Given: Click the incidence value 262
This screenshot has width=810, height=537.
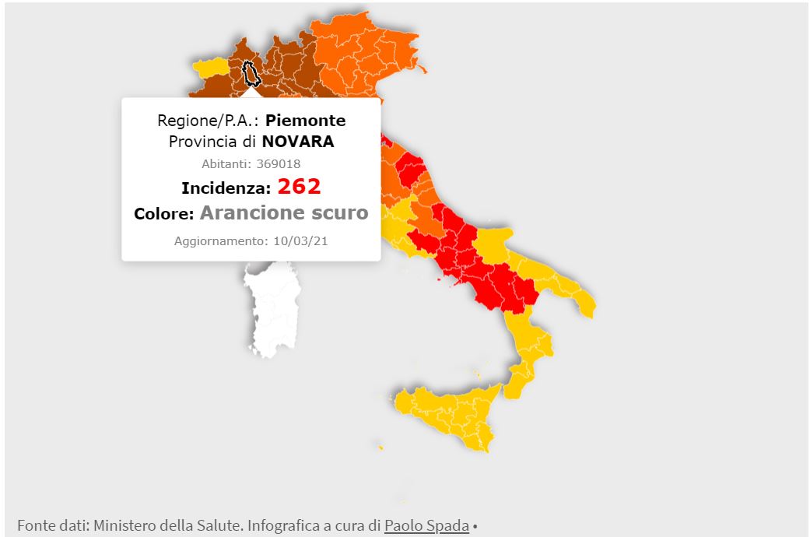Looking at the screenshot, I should tap(299, 187).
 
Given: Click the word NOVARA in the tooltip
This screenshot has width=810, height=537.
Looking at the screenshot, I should tap(297, 142).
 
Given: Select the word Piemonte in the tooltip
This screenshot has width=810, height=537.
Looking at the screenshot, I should tap(305, 121).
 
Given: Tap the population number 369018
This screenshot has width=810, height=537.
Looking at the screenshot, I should tap(278, 163).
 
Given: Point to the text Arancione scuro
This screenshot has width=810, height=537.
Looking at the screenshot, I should tap(284, 212).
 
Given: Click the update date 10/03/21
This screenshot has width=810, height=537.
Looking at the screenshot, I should tap(300, 241).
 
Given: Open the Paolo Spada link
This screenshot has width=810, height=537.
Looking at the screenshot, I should tap(426, 526).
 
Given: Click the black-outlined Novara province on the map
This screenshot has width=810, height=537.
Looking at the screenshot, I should tap(251, 73).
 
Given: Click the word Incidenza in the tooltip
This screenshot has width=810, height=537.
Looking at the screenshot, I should tap(226, 188).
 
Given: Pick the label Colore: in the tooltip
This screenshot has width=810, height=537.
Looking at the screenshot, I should tap(163, 214).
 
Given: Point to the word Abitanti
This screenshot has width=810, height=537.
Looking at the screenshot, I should tap(226, 163).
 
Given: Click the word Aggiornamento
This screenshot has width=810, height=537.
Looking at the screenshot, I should tap(219, 241).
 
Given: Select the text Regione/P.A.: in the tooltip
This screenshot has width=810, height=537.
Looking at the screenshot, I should tap(209, 121).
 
